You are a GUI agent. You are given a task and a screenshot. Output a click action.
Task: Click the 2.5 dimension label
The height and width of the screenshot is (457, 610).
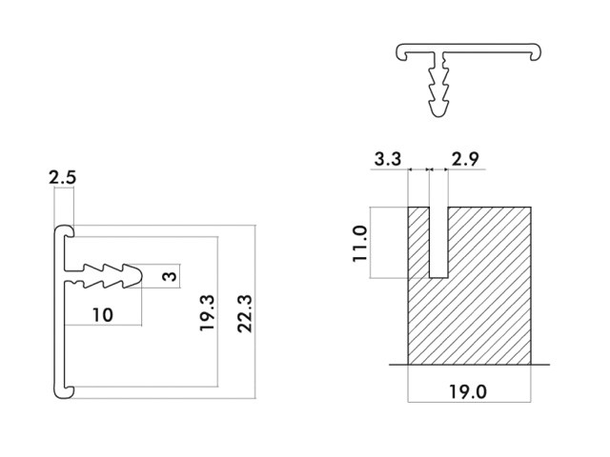[62, 177]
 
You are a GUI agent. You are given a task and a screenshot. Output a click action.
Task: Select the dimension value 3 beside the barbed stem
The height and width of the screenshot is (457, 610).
[170, 276]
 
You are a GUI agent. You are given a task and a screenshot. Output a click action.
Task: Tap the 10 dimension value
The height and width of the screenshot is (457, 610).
[103, 315]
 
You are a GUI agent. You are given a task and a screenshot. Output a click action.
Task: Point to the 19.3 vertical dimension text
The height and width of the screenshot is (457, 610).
[207, 313]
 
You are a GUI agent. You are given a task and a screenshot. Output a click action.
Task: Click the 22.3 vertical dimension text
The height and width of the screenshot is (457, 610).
[245, 313]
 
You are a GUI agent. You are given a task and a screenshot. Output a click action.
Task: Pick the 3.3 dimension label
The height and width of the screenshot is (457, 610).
[388, 159]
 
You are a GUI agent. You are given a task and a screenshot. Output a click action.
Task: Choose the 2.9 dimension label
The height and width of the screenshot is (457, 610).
[465, 159]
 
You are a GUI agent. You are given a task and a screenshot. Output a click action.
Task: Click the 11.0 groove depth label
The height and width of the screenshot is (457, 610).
[360, 244]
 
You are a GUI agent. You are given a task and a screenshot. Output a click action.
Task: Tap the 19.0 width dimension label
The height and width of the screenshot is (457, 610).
[468, 391]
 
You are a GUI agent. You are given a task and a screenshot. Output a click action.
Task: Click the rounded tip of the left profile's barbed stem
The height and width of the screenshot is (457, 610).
[138, 276]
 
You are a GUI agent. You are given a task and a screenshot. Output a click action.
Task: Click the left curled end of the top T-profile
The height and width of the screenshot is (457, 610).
[401, 52]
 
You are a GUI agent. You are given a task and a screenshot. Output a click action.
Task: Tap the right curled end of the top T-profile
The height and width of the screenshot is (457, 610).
[536, 52]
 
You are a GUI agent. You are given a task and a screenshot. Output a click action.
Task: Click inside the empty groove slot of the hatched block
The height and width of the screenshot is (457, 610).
[438, 242]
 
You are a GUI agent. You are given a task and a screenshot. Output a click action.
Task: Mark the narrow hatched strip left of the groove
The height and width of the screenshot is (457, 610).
[418, 242]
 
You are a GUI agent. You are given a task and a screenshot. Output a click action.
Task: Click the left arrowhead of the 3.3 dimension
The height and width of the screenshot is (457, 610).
[410, 169]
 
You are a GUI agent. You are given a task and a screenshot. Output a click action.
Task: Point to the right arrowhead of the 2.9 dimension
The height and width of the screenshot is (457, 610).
[446, 169]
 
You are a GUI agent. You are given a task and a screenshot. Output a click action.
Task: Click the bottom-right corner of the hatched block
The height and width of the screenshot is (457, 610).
[531, 365]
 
